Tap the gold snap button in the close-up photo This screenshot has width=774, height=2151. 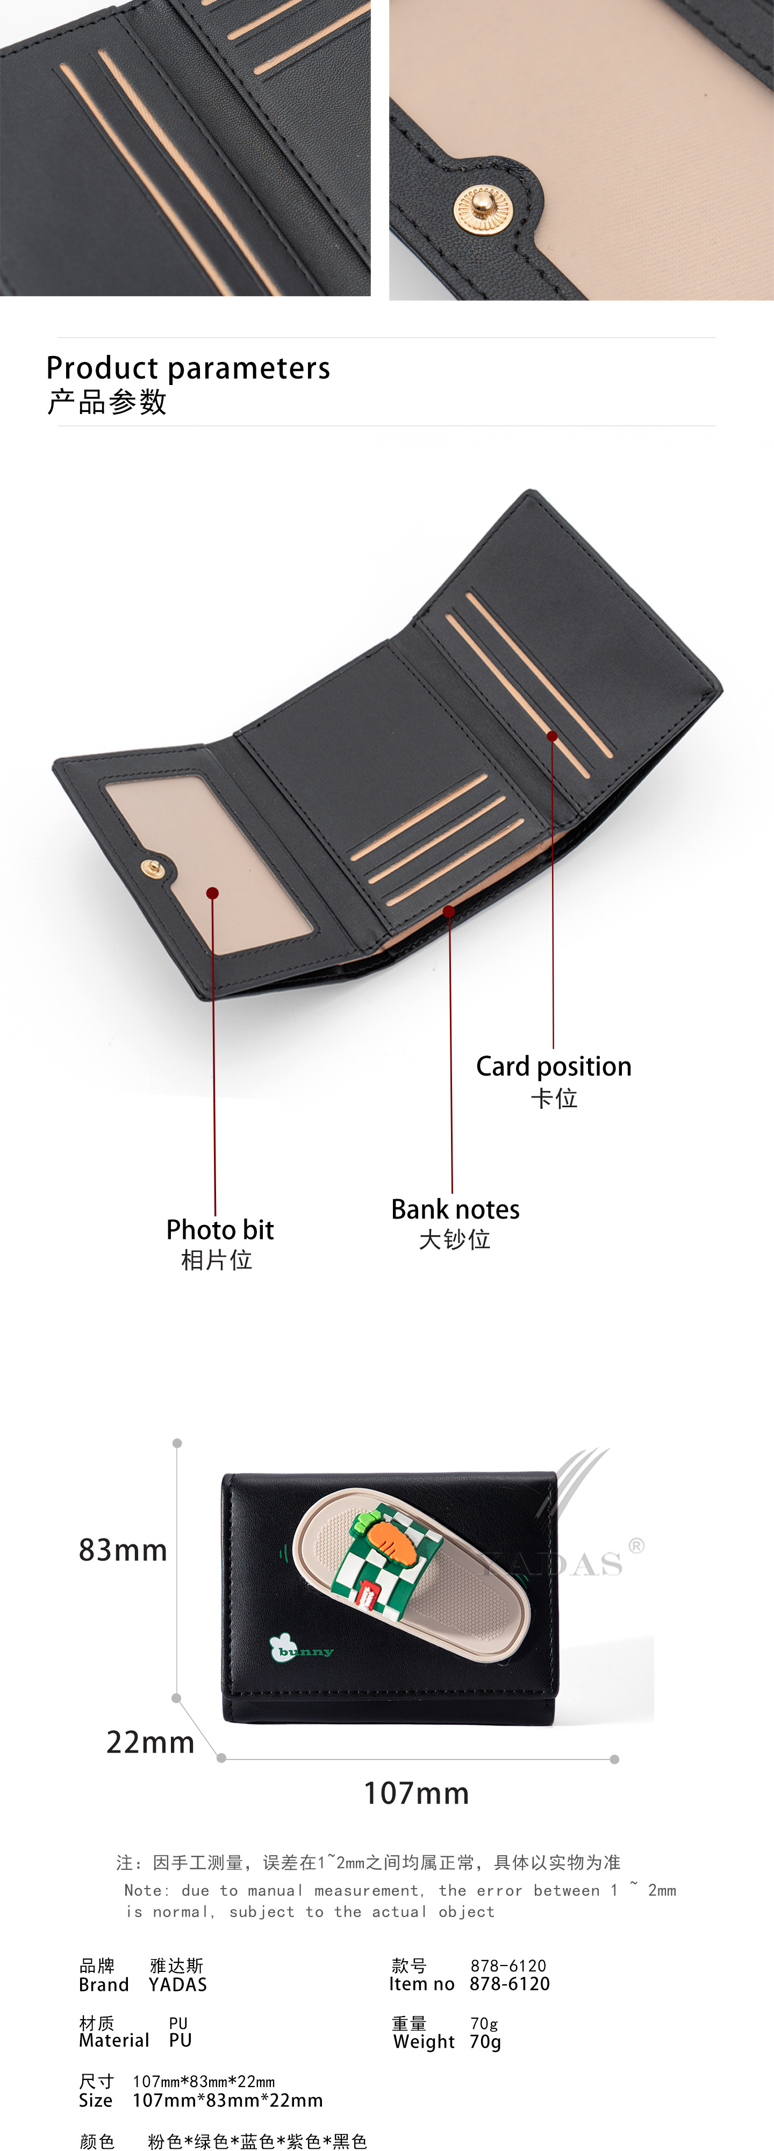[x=481, y=207]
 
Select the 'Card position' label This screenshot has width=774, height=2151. [x=554, y=1066]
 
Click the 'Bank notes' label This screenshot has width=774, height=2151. [x=455, y=1209]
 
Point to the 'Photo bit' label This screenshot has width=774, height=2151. [x=220, y=1229]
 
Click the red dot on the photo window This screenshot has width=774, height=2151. [x=212, y=893]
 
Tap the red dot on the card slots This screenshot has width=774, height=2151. [x=552, y=736]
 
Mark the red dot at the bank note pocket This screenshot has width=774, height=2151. [x=449, y=911]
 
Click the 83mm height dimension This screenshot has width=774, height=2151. [x=123, y=1550]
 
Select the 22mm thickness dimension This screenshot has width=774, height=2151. [x=150, y=1742]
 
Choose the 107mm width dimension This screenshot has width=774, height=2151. [x=416, y=1793]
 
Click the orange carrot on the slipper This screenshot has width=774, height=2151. [x=391, y=1541]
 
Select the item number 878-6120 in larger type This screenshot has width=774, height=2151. [x=510, y=1984]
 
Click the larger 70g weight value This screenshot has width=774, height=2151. [x=485, y=2042]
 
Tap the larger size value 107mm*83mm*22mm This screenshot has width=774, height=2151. [x=227, y=2100]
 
